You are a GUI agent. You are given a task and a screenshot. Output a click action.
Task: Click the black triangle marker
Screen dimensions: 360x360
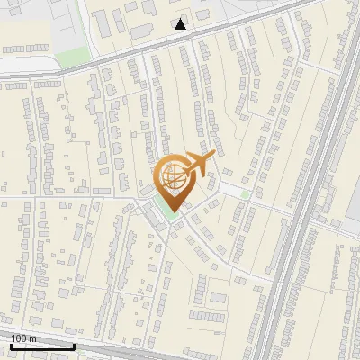tap(181, 24)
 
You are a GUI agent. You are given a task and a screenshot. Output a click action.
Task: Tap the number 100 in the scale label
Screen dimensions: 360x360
tap(19, 338)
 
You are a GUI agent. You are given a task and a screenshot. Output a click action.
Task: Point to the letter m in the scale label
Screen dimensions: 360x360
tap(32, 338)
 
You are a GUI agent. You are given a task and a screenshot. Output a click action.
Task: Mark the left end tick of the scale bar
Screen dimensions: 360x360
tap(11, 346)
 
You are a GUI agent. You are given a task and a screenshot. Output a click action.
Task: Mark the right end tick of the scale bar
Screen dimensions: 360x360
tap(74, 346)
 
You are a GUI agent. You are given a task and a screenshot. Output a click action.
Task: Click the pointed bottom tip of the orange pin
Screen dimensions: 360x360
tap(175, 212)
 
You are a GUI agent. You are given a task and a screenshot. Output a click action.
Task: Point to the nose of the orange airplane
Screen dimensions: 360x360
tap(213, 156)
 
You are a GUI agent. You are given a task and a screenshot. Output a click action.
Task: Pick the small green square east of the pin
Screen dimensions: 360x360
tap(245, 193)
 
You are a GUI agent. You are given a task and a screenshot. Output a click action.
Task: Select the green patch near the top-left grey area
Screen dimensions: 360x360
tap(69, 59)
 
